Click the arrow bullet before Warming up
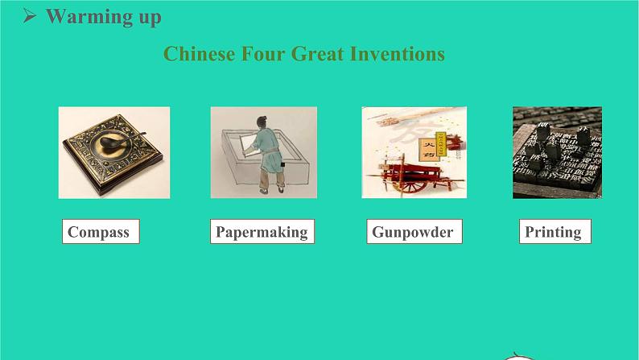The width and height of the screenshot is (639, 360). pyautogui.click(x=29, y=16)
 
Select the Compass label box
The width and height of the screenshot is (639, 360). pyautogui.click(x=101, y=232)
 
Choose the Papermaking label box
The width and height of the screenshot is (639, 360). pyautogui.click(x=262, y=232)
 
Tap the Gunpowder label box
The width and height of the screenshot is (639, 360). pyautogui.click(x=414, y=232)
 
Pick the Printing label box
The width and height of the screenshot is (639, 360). pyautogui.click(x=555, y=232)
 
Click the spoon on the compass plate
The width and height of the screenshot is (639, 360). pyautogui.click(x=119, y=140)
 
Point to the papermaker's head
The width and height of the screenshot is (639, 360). pyautogui.click(x=262, y=122)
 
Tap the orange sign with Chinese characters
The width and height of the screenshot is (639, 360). pyautogui.click(x=427, y=149)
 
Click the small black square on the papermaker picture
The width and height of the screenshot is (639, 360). pyautogui.click(x=282, y=165)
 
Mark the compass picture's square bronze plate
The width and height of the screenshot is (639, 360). pyautogui.click(x=113, y=155)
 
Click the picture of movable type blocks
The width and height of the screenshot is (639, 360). pyautogui.click(x=557, y=152)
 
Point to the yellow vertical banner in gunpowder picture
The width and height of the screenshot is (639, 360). pyautogui.click(x=441, y=143)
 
